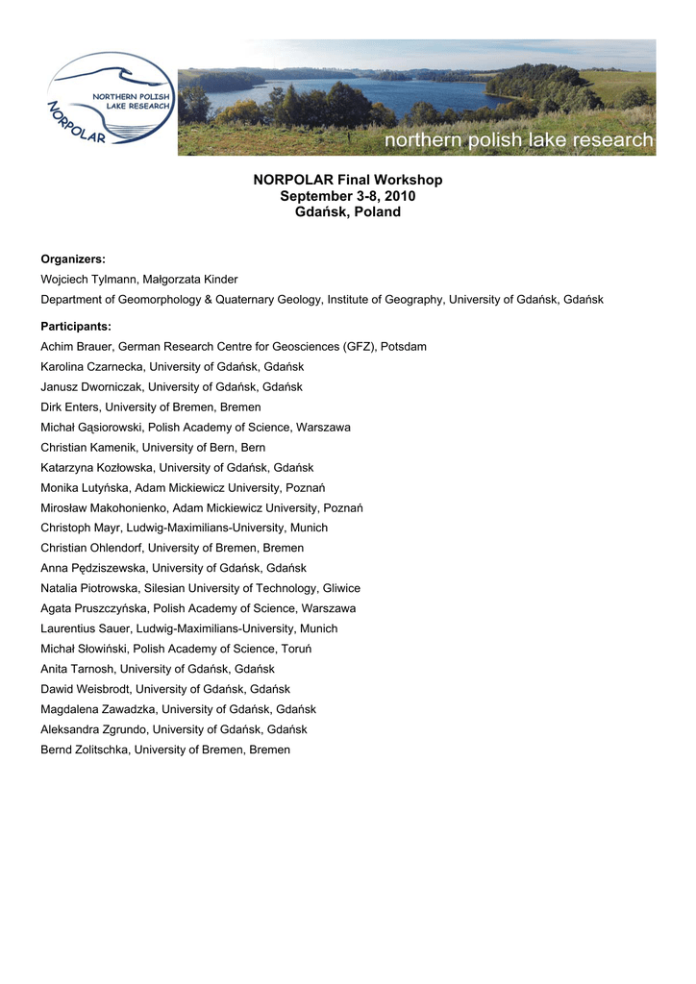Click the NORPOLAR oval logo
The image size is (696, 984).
tap(110, 98)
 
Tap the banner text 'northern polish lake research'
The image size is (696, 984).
tap(519, 141)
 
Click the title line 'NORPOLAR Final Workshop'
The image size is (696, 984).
tap(348, 180)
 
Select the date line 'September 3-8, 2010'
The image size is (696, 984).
tap(348, 196)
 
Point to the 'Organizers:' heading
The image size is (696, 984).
tap(73, 259)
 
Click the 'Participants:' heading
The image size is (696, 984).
tap(76, 327)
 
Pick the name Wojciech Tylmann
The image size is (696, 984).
tap(88, 280)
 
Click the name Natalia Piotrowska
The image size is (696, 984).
tap(87, 588)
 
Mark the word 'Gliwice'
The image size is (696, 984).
tap(338, 588)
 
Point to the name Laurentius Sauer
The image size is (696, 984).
tap(83, 628)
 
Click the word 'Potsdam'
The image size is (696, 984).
tap(404, 347)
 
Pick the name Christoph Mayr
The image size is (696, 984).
tap(80, 528)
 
